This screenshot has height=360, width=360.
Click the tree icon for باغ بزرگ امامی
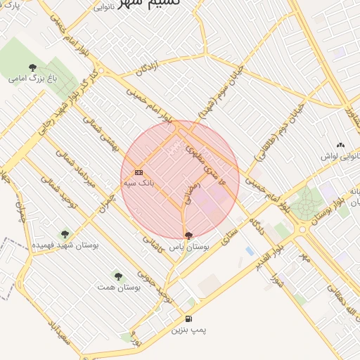(32, 67)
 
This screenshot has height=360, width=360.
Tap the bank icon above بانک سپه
(139, 172)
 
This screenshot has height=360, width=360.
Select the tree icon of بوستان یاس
(188, 236)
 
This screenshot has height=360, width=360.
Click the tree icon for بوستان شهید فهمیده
(65, 234)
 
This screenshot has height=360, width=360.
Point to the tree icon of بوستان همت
(118, 276)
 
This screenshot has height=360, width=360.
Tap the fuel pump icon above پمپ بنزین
(188, 319)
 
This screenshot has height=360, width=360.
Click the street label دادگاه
(255, 228)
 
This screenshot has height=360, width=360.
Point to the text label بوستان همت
(121, 288)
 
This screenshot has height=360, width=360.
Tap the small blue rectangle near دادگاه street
(250, 250)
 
